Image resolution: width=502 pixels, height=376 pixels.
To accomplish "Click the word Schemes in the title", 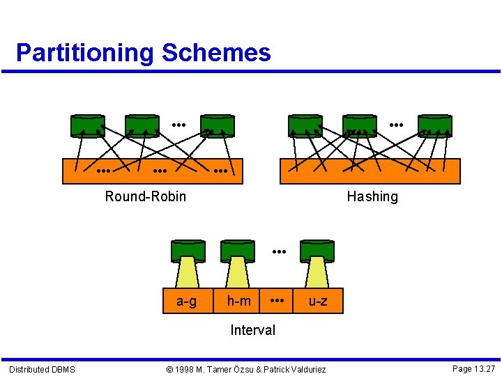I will [216, 53].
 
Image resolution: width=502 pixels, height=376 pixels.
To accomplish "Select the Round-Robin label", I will [146, 196].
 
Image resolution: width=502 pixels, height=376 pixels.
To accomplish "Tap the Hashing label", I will [372, 196].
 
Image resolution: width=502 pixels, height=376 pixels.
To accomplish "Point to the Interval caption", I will [252, 330].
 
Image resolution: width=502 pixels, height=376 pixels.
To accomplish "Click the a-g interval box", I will [186, 301].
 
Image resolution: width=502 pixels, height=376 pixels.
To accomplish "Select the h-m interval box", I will [239, 301].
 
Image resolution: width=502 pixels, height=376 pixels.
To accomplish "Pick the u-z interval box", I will [317, 301].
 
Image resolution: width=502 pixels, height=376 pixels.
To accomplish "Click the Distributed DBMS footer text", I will [42, 369].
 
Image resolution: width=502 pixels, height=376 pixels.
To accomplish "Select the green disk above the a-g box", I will [188, 250].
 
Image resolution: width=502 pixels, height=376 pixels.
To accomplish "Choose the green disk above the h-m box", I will [238, 250].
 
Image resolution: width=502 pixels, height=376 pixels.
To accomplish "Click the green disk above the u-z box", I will [317, 250].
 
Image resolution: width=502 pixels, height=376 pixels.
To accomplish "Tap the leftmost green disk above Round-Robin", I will [88, 125].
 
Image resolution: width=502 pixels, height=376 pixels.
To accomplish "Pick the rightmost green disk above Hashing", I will [435, 125].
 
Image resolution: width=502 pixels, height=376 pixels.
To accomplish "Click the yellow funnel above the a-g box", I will [188, 273].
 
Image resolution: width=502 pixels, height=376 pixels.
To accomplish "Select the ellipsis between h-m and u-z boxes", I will [277, 300].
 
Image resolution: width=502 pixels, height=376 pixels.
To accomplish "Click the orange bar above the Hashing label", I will [370, 171].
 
